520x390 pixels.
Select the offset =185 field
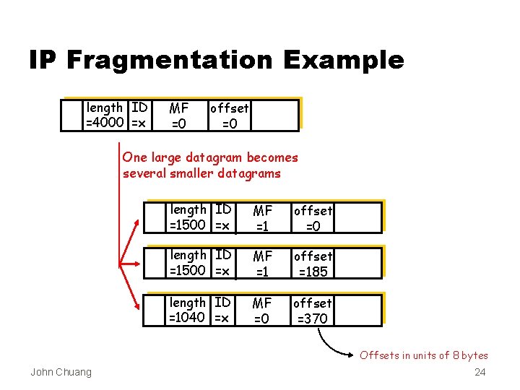(x=312, y=264)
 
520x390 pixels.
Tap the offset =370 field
(x=312, y=311)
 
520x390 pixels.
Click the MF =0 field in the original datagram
(x=178, y=116)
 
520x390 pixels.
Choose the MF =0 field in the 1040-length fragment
(x=262, y=311)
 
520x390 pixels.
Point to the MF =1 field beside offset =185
(x=262, y=264)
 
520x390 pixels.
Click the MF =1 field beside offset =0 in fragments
(x=262, y=217)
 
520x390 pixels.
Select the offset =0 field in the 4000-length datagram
(x=229, y=116)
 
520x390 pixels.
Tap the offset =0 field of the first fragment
(x=312, y=217)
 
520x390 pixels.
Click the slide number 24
(x=480, y=373)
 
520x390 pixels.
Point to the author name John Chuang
(x=61, y=372)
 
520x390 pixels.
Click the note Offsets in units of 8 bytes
(x=424, y=355)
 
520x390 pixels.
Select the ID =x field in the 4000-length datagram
(x=139, y=115)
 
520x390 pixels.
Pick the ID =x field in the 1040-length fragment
(x=223, y=310)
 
